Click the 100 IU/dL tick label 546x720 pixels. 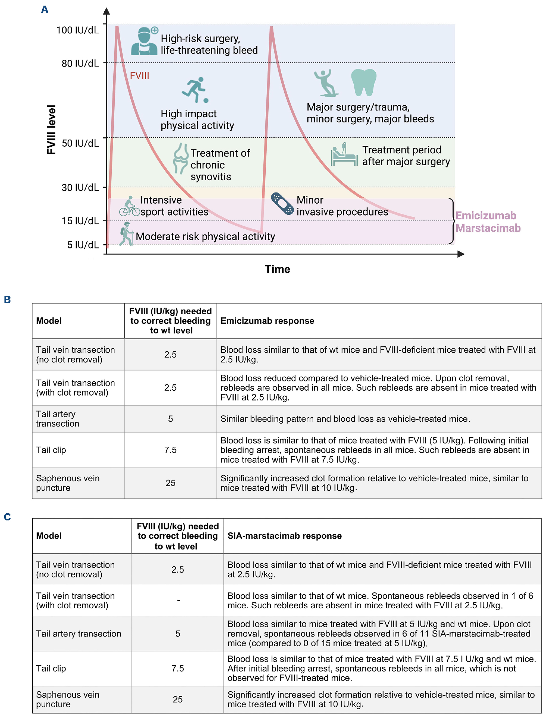(78, 30)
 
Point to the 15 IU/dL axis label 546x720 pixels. (80, 221)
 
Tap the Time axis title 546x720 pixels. (277, 269)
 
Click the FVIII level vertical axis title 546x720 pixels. (52, 130)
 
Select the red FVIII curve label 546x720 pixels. (139, 76)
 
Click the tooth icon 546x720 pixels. (363, 82)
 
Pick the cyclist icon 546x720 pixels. (130, 207)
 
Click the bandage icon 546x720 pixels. (282, 204)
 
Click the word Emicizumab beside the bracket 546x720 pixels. (486, 216)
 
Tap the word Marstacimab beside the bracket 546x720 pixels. (488, 228)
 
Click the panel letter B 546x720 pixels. (7, 299)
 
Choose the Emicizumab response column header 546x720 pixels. (267, 321)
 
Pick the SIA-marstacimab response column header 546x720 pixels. (284, 536)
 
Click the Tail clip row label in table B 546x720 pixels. (51, 450)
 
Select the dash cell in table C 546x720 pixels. (178, 601)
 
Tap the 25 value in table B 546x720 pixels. (170, 483)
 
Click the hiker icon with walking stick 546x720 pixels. (126, 234)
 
